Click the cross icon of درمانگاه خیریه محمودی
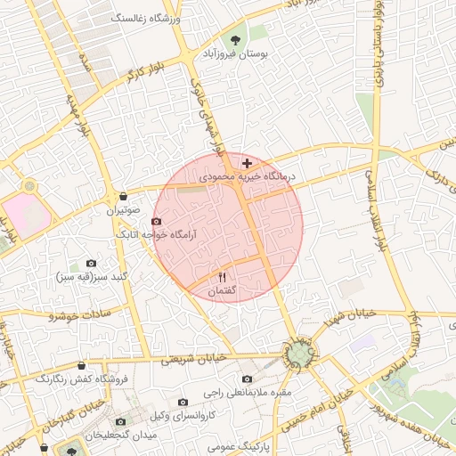(x=247, y=163)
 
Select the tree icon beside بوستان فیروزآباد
(x=235, y=39)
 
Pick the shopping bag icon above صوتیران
(x=123, y=196)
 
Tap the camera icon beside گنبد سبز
(x=91, y=264)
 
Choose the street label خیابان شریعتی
(x=196, y=356)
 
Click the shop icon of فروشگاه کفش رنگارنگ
(x=82, y=365)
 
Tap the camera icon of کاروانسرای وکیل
(x=183, y=402)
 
